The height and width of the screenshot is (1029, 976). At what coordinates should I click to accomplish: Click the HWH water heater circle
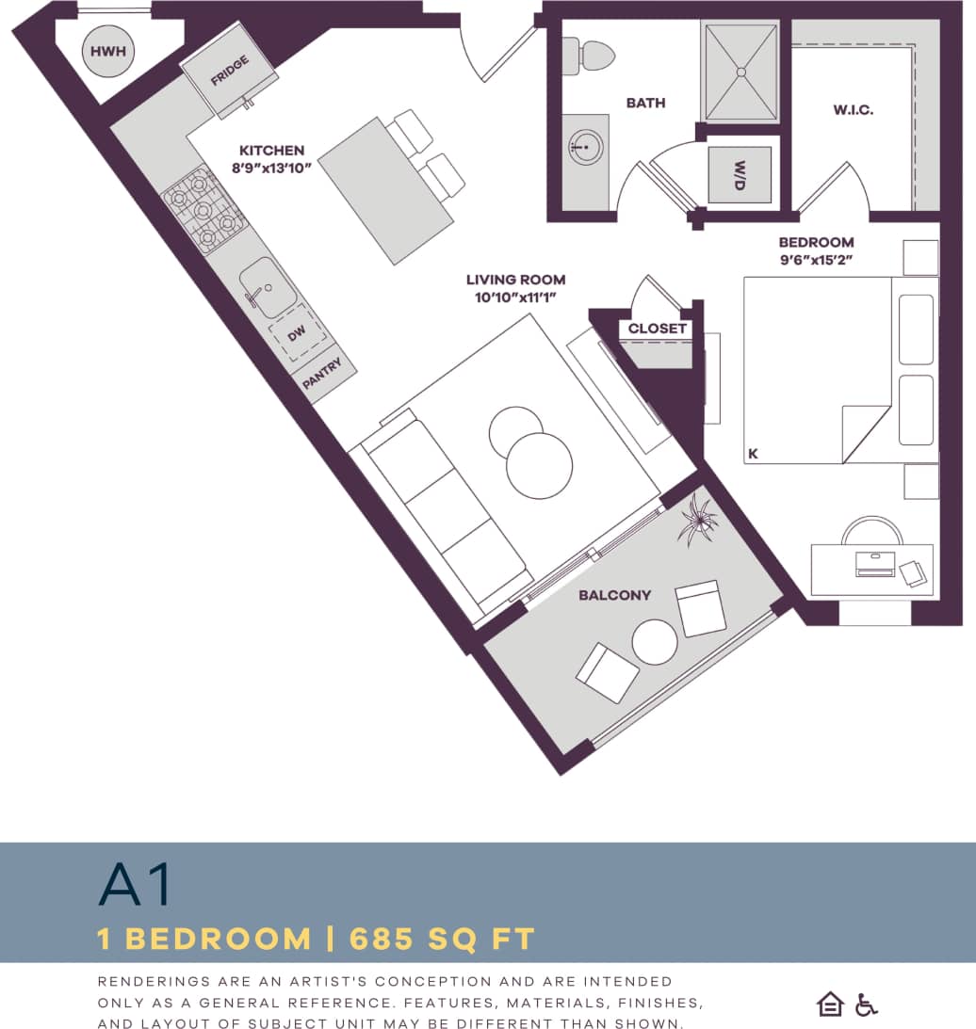[107, 51]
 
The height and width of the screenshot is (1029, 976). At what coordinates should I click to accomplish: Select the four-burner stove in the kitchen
[202, 210]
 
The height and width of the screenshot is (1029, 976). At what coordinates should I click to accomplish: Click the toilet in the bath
[589, 56]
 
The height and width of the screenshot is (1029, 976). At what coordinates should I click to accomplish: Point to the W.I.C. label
[853, 110]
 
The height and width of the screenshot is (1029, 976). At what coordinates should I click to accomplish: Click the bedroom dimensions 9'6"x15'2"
[816, 259]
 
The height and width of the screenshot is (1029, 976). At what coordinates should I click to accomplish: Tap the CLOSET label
[658, 329]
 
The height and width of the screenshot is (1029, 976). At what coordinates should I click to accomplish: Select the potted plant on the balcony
[698, 520]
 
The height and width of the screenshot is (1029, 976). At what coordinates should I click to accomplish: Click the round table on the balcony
[655, 642]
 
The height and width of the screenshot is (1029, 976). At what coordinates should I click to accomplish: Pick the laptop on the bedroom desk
[875, 564]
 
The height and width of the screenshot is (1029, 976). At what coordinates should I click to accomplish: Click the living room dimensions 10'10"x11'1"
[515, 297]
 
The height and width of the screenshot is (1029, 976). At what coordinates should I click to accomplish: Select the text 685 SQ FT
[442, 939]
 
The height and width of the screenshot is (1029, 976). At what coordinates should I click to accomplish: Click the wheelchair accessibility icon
[866, 1005]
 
